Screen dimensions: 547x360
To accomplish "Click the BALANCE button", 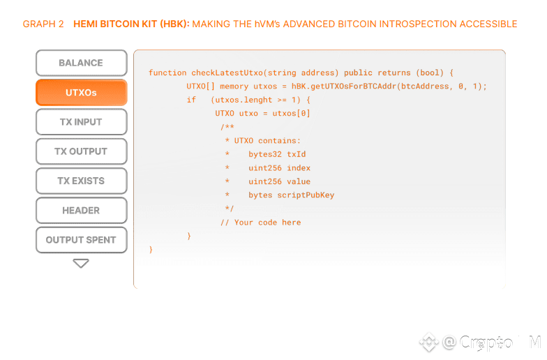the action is pos(81,63).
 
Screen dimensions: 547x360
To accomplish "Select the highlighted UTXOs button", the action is pos(81,92).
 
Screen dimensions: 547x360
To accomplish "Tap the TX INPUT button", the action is pos(81,121).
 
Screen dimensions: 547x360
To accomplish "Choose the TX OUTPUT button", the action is pos(81,151).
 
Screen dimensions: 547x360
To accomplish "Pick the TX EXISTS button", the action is pos(81,181).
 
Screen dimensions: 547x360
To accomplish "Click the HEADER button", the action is pos(81,210).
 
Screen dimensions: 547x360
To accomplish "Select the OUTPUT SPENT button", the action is pos(81,240).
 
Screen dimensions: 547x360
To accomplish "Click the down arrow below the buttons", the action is pos(81,264).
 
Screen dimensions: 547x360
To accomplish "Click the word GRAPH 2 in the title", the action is pos(43,24).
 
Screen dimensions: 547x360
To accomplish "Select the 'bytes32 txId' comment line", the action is pos(277,154).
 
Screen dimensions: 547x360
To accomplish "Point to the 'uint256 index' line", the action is pos(279,168).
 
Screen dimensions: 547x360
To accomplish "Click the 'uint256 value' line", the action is pos(279,181).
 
